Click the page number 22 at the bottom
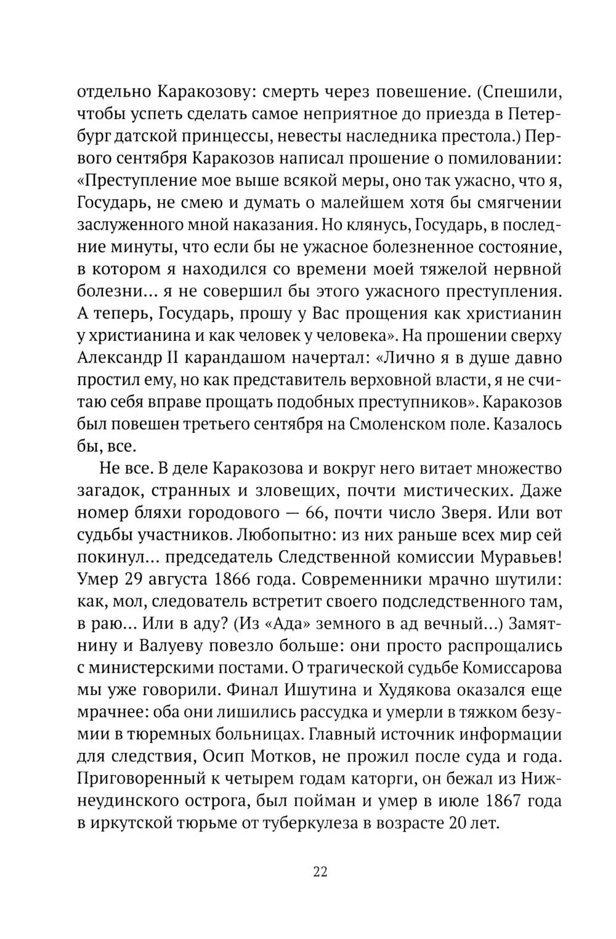[320, 871]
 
